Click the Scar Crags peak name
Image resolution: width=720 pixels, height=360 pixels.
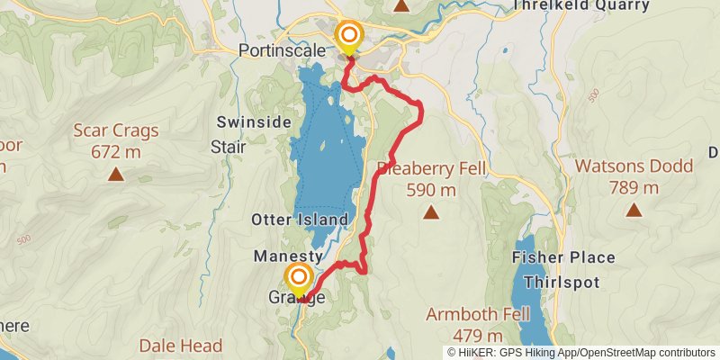[x=116, y=130]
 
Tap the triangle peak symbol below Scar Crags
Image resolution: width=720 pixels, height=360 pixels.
[x=116, y=174]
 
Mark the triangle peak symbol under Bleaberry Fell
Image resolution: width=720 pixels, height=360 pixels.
[x=431, y=212]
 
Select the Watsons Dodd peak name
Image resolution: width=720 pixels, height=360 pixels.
[x=634, y=166]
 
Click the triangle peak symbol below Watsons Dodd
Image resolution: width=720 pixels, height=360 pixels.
[x=634, y=210]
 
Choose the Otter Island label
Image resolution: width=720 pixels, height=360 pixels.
[x=299, y=220]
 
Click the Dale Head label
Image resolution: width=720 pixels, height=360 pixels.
[x=180, y=345]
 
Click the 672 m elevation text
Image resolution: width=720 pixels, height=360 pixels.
[x=116, y=151]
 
